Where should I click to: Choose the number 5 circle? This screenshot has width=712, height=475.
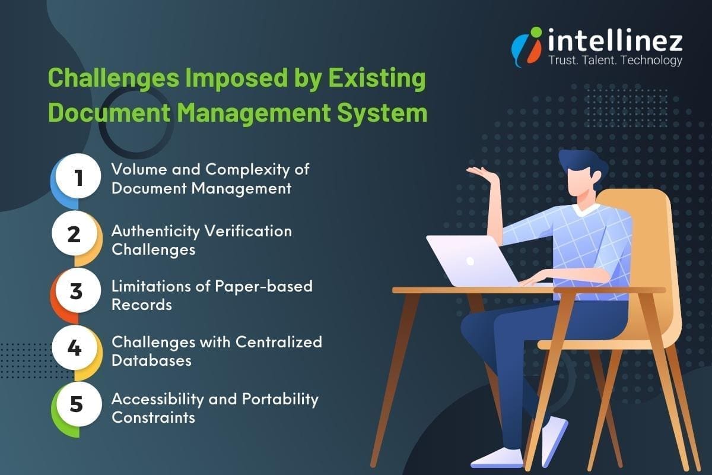75,404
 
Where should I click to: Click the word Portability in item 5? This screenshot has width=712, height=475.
280,398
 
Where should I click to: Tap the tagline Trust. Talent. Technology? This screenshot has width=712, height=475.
615,60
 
